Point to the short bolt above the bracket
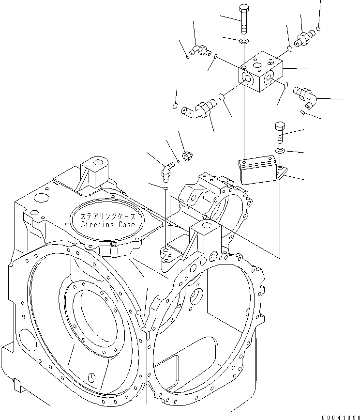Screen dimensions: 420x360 [280, 132]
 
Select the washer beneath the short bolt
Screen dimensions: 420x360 [279, 152]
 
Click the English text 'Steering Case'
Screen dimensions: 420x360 [105, 224]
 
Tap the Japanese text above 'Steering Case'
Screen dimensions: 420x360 [105, 216]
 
